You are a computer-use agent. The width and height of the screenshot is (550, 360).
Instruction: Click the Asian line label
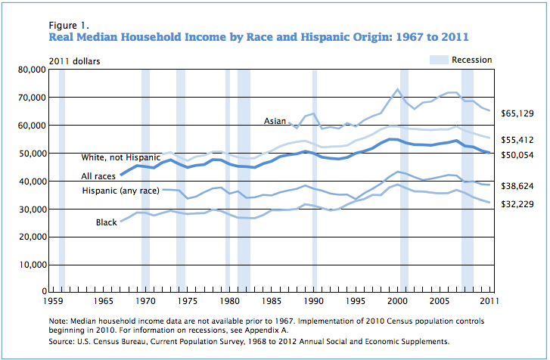275,121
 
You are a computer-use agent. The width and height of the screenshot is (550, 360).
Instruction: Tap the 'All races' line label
100,176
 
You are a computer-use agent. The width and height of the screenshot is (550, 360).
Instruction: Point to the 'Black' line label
106,222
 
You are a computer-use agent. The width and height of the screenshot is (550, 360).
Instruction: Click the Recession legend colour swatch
439,60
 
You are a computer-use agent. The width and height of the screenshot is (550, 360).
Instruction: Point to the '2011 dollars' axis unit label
74,60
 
